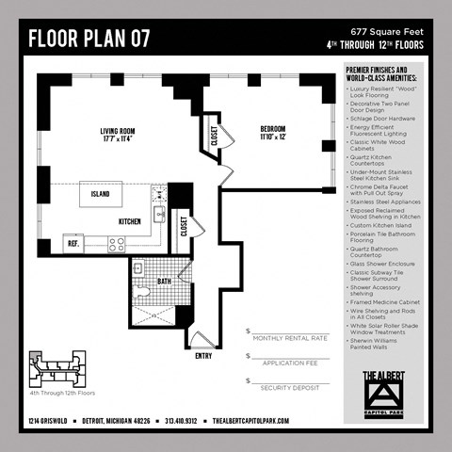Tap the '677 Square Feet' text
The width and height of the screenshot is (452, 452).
tap(387, 32)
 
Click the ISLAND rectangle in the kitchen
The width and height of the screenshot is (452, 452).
tap(100, 194)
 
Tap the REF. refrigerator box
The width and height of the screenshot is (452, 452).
tap(73, 243)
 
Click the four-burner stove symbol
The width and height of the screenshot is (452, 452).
tap(117, 244)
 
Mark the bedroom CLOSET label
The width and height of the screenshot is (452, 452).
tap(214, 137)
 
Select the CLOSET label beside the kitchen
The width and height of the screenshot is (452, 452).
tap(185, 226)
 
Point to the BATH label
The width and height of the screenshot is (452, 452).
tap(164, 281)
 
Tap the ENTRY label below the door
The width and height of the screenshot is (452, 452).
tap(203, 356)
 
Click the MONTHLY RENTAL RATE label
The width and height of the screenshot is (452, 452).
tap(290, 337)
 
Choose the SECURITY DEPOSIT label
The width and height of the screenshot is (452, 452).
tap(290, 387)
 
